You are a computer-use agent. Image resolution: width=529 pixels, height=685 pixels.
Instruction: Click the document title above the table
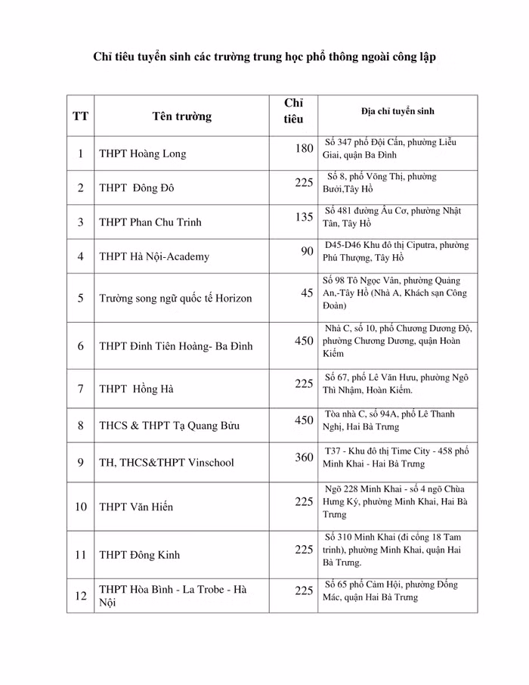point(264,57)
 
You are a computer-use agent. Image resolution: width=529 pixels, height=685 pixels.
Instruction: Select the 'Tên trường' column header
point(181,116)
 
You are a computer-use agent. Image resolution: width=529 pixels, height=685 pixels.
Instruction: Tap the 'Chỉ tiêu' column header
point(293,111)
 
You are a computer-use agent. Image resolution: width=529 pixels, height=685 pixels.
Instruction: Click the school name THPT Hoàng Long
point(142,154)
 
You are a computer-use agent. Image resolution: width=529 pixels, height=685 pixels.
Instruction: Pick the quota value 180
point(304,148)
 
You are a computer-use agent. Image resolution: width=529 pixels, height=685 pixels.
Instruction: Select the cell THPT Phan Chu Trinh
point(150,223)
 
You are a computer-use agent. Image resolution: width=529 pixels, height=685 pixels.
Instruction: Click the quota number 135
point(304,217)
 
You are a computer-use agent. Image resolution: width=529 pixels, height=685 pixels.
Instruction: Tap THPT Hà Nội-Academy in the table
point(153,257)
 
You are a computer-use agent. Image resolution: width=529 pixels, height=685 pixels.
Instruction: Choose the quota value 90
point(307,251)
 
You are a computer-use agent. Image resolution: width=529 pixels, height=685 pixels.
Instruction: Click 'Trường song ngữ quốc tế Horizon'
point(175,298)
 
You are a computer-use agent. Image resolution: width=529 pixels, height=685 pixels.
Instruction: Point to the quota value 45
point(307,293)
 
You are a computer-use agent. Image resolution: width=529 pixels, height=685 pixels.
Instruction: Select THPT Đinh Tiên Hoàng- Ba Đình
point(175,346)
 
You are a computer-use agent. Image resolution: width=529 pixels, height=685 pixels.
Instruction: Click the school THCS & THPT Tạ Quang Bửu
point(169,426)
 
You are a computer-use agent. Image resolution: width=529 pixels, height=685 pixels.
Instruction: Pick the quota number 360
point(304,457)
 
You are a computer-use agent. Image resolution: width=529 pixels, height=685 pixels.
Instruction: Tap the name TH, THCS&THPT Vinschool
point(166,463)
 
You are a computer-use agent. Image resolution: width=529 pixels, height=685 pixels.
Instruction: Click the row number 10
point(81,507)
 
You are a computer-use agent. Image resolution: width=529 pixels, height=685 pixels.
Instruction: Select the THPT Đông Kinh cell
point(139,555)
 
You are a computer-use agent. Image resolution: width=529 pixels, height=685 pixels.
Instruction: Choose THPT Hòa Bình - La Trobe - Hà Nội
point(173,596)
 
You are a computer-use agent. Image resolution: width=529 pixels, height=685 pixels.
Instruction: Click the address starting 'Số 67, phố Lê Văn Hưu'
point(396,384)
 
